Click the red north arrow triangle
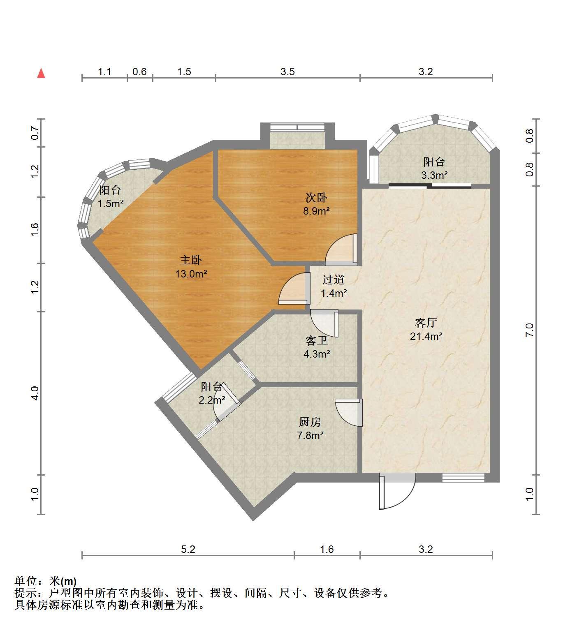pyautogui.click(x=41, y=73)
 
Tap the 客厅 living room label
pyautogui.click(x=426, y=322)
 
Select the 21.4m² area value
pyautogui.click(x=426, y=336)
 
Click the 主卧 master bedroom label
pyautogui.click(x=191, y=260)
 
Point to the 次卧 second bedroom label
pyautogui.click(x=316, y=197)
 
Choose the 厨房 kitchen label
pyautogui.click(x=310, y=422)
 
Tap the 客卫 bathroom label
pyautogui.click(x=316, y=340)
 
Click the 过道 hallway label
pyautogui.click(x=333, y=280)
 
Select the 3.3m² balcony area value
pyautogui.click(x=434, y=176)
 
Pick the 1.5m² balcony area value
pyautogui.click(x=111, y=203)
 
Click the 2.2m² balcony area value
pyautogui.click(x=212, y=400)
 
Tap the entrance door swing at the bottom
pyautogui.click(x=397, y=491)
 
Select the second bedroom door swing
pyautogui.click(x=341, y=250)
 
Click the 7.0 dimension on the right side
pyautogui.click(x=529, y=330)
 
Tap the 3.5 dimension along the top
pyautogui.click(x=287, y=72)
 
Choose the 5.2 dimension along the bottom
pyautogui.click(x=188, y=549)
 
